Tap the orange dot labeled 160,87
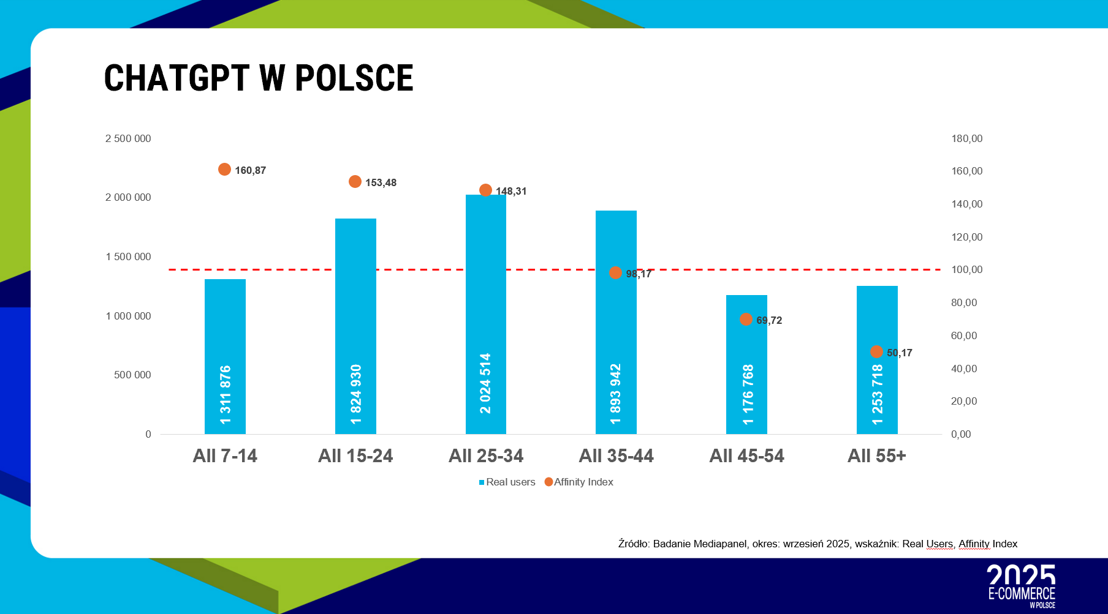coord(225,170)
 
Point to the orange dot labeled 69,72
coord(746,320)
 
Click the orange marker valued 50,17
coord(876,352)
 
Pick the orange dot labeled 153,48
coord(355,182)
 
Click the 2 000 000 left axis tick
coord(128,197)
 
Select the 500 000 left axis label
coord(132,375)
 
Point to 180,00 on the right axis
coord(966,139)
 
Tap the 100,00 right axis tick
coord(966,270)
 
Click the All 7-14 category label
coord(225,456)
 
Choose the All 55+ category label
coord(876,456)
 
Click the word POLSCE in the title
coord(354,78)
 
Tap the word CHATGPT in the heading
coord(176,78)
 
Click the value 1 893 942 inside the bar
coord(616,394)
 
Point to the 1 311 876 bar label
coord(226,395)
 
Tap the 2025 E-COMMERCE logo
coord(1022,586)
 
